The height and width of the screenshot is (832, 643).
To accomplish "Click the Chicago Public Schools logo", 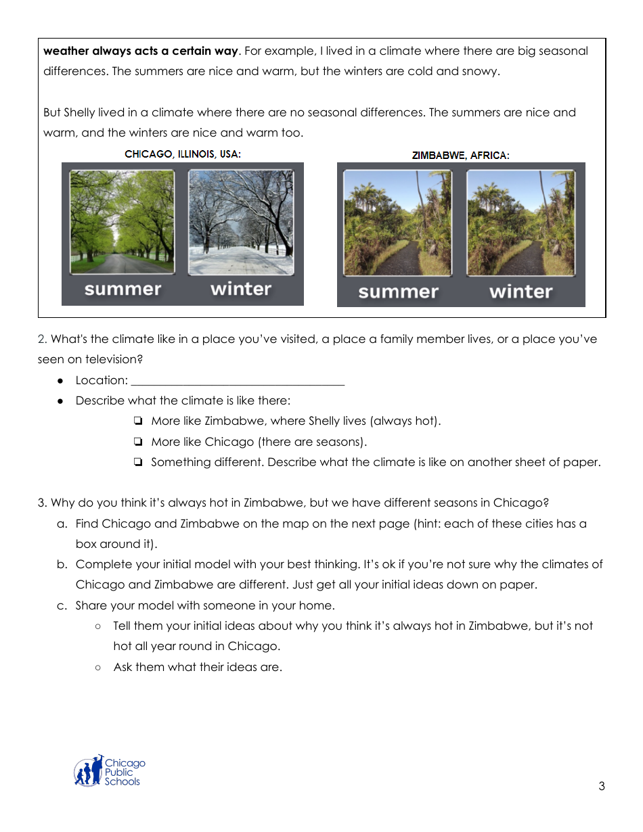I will (108, 772).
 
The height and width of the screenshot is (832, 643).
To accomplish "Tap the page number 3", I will (602, 786).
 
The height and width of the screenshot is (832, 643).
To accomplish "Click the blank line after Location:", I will (238, 381).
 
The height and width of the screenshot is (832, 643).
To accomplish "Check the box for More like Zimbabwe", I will (138, 421).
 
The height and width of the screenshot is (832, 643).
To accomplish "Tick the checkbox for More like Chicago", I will (138, 442).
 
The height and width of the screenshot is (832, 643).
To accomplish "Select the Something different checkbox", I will (138, 463).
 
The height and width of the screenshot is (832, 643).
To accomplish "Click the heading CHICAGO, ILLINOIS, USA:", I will (183, 154).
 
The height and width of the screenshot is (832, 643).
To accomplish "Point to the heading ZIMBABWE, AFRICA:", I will (460, 156).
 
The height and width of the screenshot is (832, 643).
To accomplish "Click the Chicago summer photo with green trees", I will (122, 222).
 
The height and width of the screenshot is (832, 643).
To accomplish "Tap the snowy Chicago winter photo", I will (241, 222).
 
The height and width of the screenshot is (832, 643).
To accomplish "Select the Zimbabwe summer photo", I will (397, 223).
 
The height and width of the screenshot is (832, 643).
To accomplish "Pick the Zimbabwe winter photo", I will (520, 223).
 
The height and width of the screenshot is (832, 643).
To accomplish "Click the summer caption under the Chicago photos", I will (123, 290).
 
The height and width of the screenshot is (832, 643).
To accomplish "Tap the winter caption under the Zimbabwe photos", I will (520, 292).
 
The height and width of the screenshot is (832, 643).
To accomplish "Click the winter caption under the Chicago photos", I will (241, 289).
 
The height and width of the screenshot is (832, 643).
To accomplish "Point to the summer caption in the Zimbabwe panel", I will (398, 292).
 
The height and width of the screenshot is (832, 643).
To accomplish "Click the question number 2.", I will (41, 340).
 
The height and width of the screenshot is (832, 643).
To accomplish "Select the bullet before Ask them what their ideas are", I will (98, 668).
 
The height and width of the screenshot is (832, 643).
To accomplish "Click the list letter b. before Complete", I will (62, 565).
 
